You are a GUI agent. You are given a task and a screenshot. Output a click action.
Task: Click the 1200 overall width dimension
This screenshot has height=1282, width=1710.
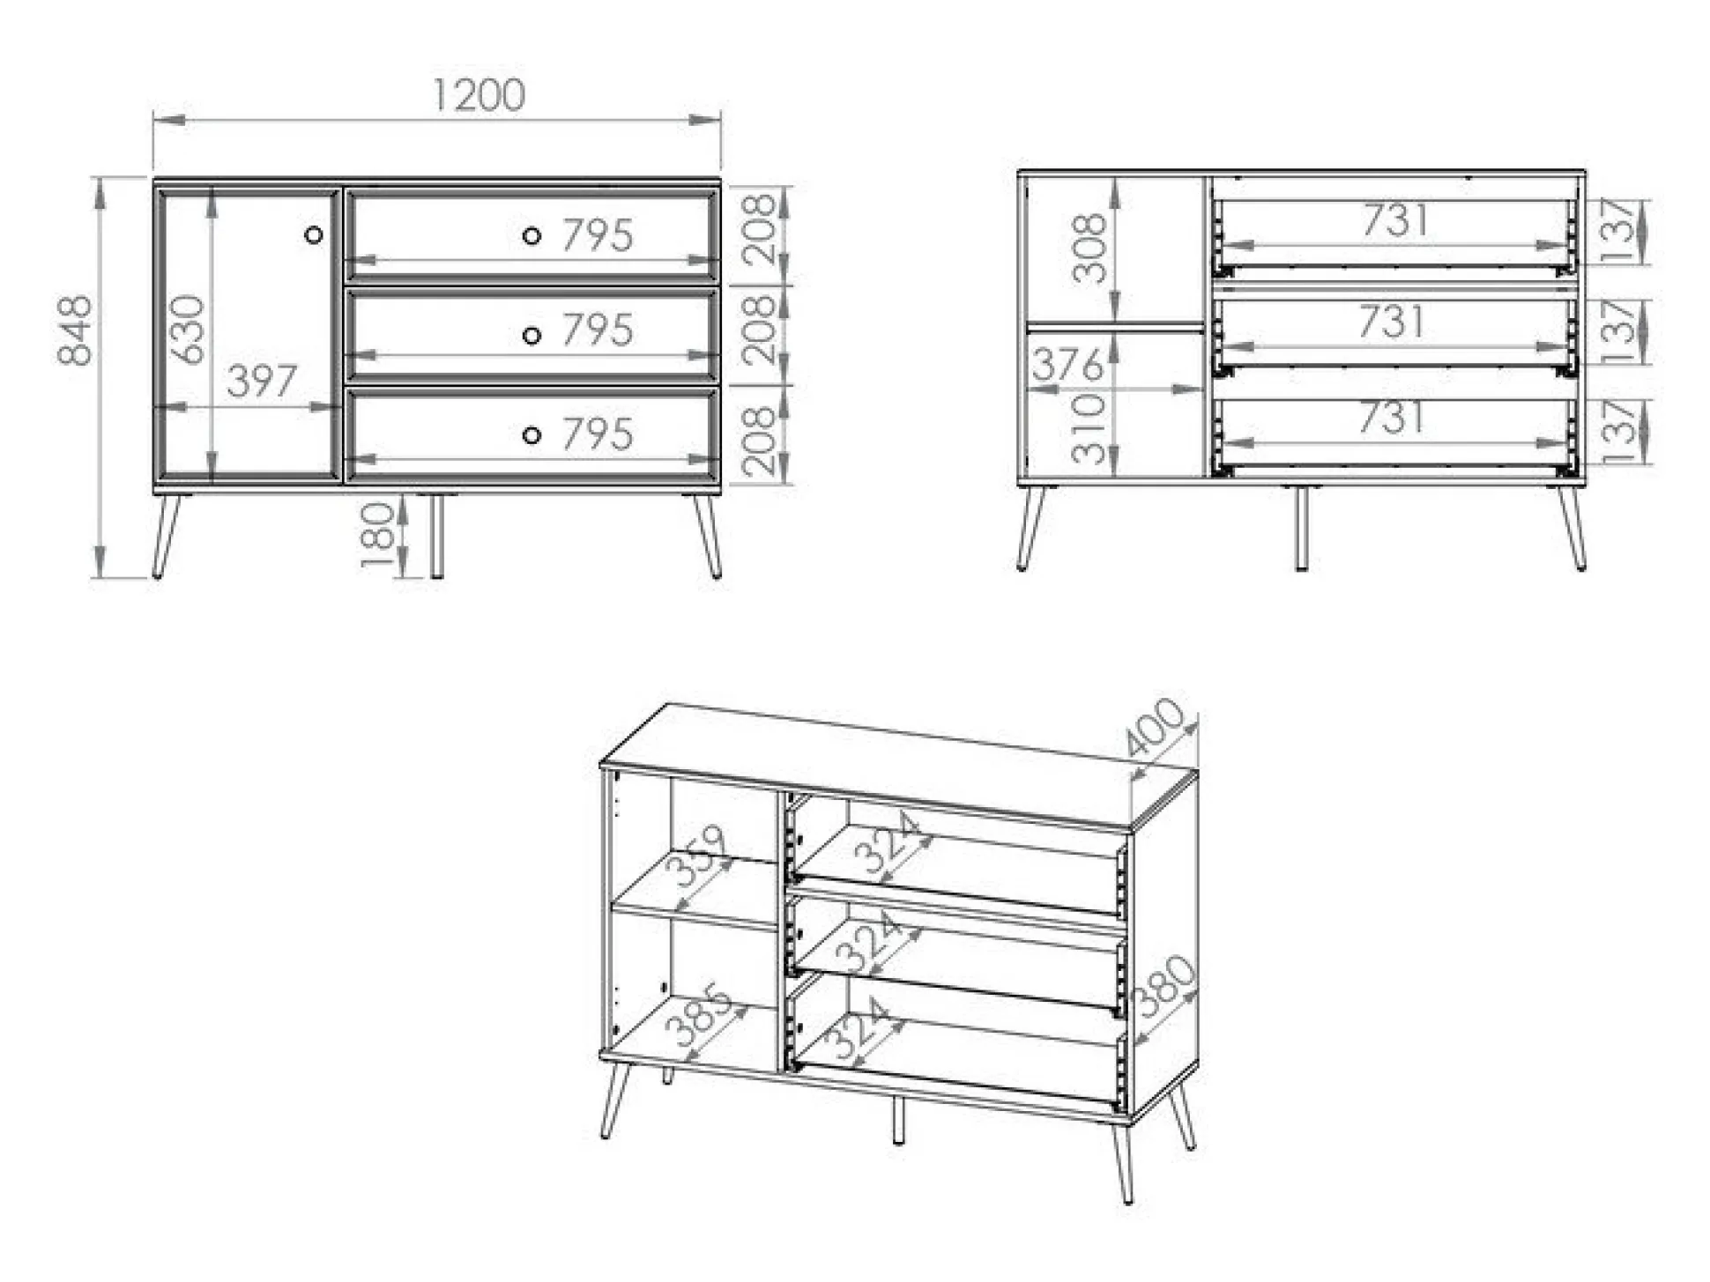coord(479,95)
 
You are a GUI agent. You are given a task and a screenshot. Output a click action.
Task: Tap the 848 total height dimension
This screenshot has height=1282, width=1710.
coord(75,330)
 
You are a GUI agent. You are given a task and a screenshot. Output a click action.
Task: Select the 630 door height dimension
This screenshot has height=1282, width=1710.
coord(187,330)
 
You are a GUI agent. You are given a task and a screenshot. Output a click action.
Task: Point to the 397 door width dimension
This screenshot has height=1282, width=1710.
coord(262,382)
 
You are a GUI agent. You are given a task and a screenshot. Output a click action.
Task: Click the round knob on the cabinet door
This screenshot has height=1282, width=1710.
coord(313,234)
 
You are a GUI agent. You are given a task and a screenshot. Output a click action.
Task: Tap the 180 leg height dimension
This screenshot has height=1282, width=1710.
coord(377,535)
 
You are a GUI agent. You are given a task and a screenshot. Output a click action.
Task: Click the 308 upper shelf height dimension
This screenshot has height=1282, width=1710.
coord(1089,248)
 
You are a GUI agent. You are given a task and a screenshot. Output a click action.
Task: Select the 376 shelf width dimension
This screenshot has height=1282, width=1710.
coord(1067,364)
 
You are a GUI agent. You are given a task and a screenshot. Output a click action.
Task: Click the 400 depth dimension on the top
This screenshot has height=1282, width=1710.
coord(1155,728)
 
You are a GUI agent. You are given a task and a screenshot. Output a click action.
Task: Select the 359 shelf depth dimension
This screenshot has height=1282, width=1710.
coord(697,856)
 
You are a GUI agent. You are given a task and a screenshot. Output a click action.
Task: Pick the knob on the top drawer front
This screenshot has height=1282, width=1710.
coord(532,235)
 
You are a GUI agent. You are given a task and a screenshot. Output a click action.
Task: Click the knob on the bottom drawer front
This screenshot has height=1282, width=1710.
coord(532,435)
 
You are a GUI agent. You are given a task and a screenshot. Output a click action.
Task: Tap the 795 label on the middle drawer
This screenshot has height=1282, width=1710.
coord(598,330)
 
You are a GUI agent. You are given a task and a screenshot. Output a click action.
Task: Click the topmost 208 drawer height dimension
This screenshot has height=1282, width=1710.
coord(759,230)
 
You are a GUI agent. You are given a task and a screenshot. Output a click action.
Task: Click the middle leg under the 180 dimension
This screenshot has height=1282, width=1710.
coord(436,537)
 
